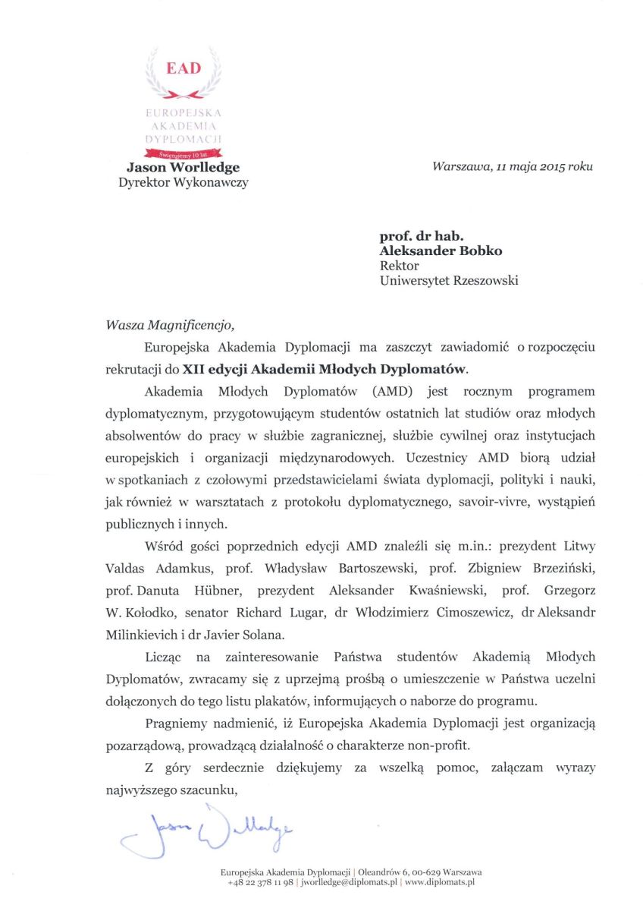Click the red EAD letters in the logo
click(183, 68)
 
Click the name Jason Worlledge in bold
click(183, 167)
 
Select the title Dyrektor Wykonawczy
click(183, 182)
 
